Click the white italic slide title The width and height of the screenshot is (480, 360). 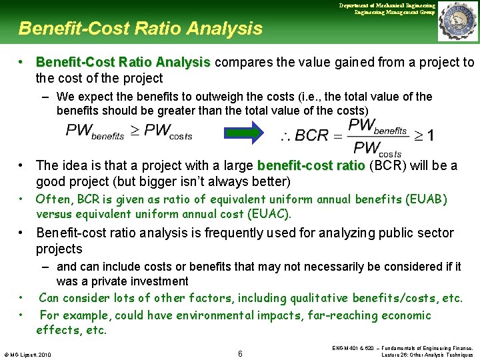pyautogui.click(x=141, y=29)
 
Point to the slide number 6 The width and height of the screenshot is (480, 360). pyautogui.click(x=240, y=353)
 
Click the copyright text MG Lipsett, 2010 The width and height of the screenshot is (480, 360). pyautogui.click(x=31, y=353)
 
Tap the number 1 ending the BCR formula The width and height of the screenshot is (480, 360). pyautogui.click(x=430, y=135)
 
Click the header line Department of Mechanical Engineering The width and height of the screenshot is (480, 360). pyautogui.click(x=387, y=5)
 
